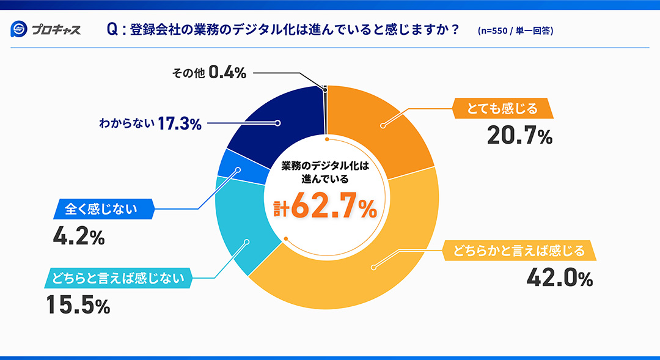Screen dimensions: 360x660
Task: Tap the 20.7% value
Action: click(x=519, y=136)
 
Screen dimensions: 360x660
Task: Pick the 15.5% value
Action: click(x=78, y=305)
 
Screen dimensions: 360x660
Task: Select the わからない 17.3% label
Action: click(x=150, y=123)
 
